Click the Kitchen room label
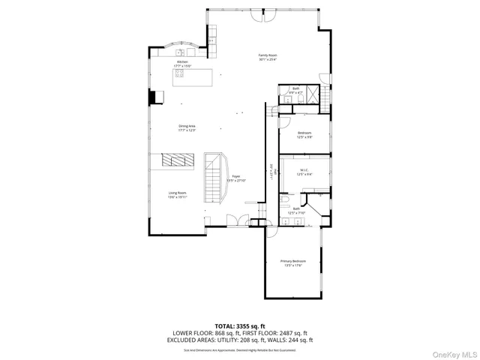182,64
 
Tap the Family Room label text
268,57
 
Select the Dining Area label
187,127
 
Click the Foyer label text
235,178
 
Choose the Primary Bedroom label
293,262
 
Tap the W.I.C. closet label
304,172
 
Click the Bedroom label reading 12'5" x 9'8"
304,135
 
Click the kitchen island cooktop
181,73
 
